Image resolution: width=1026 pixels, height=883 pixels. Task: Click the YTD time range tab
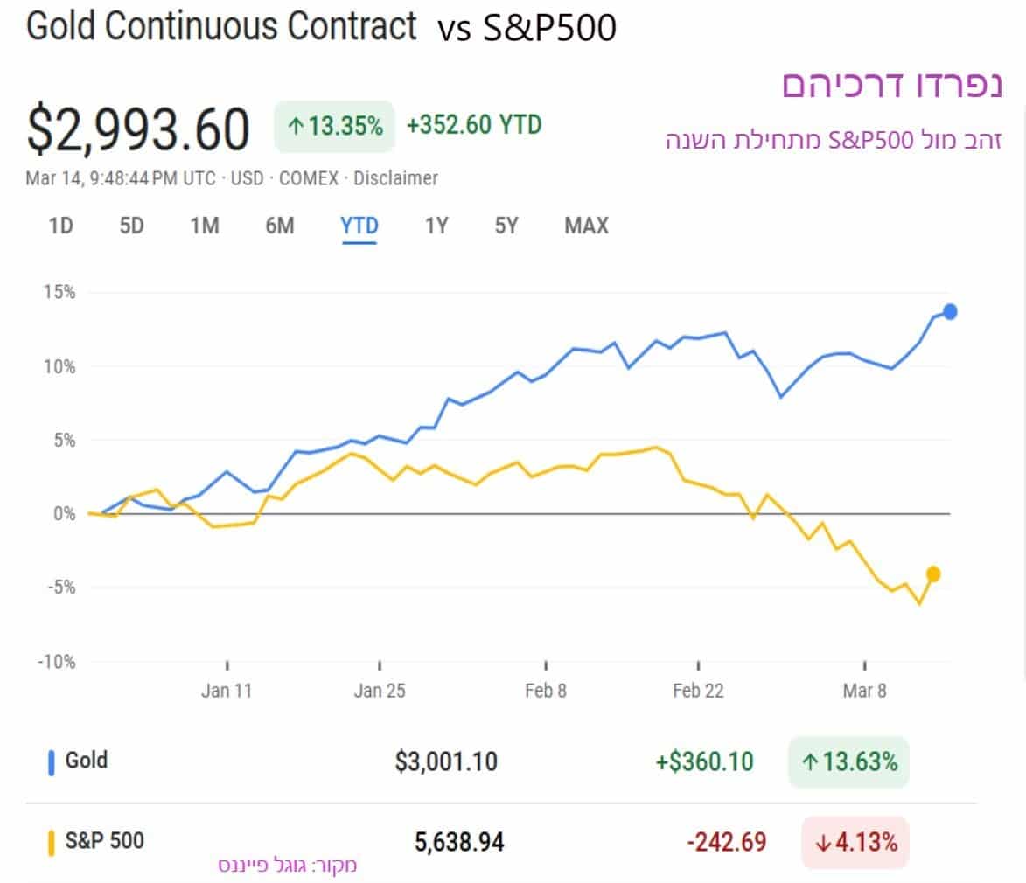pyautogui.click(x=359, y=226)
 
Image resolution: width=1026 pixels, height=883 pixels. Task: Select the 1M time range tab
pyautogui.click(x=205, y=226)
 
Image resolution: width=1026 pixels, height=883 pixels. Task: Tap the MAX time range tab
pyautogui.click(x=586, y=226)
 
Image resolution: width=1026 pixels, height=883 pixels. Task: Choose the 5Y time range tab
pyautogui.click(x=506, y=226)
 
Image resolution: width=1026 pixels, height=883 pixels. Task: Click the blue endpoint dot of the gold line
pyautogui.click(x=950, y=311)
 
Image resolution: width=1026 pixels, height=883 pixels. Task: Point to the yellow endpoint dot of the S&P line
pyautogui.click(x=933, y=574)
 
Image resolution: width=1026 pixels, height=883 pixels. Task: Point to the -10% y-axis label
pyautogui.click(x=56, y=662)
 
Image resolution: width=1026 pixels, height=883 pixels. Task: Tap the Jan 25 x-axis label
pyautogui.click(x=380, y=691)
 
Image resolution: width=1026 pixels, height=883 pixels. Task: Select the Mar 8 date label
pyautogui.click(x=864, y=691)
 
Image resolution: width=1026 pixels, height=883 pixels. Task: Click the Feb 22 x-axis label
pyautogui.click(x=698, y=691)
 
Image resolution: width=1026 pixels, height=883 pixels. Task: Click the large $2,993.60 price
pyautogui.click(x=138, y=129)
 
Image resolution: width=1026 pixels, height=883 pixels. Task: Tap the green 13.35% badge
pyautogui.click(x=334, y=127)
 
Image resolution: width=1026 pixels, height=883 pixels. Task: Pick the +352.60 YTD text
pyautogui.click(x=474, y=125)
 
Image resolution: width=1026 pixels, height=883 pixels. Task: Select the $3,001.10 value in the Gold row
pyautogui.click(x=445, y=761)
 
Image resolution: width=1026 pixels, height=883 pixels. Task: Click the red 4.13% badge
pyautogui.click(x=855, y=843)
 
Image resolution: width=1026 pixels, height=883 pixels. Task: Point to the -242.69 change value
pyautogui.click(x=727, y=843)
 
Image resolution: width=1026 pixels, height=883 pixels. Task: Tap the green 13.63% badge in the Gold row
pyautogui.click(x=848, y=761)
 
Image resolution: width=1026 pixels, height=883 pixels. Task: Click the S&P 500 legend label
pyautogui.click(x=104, y=841)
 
